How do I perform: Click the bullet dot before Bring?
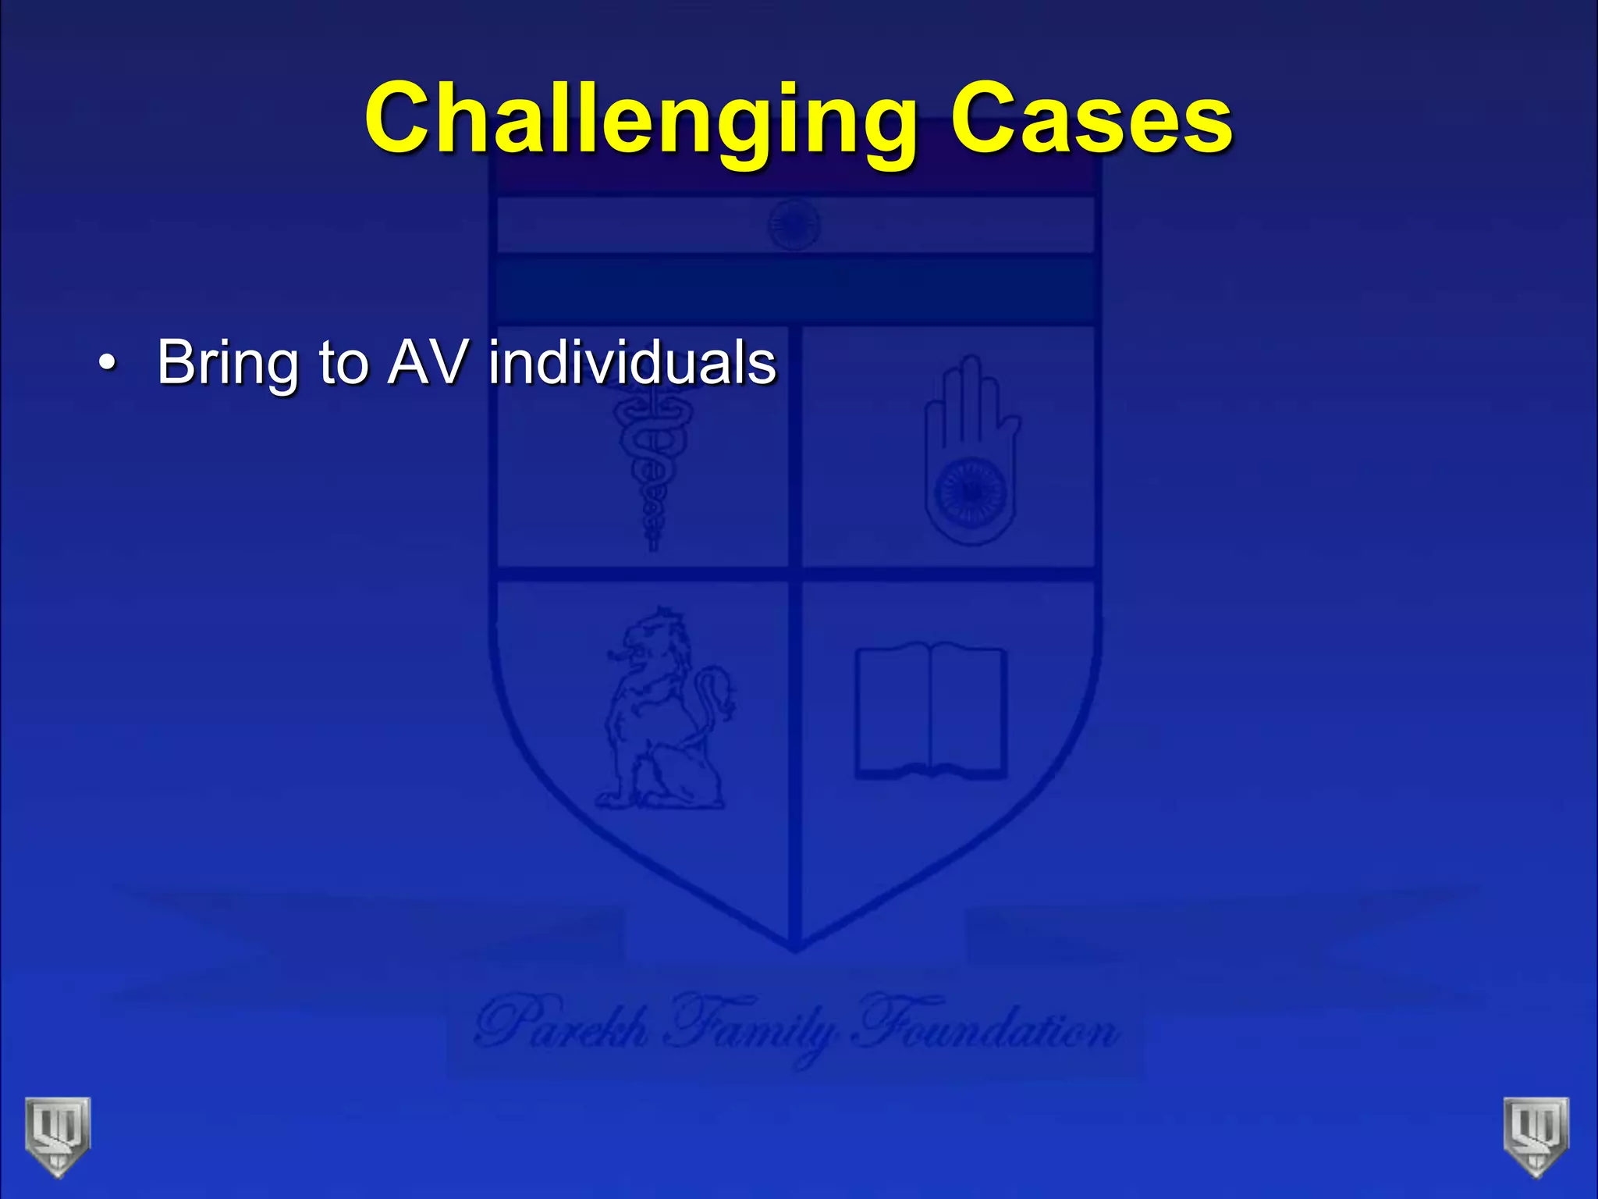click(x=107, y=364)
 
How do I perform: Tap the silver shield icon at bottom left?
click(x=58, y=1136)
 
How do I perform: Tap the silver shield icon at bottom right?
click(x=1536, y=1136)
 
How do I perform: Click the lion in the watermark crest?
click(x=652, y=710)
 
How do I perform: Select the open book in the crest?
click(x=931, y=710)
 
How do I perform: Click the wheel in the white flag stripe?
click(x=794, y=224)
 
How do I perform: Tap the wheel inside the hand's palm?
click(x=971, y=492)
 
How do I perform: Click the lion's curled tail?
click(x=714, y=695)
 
